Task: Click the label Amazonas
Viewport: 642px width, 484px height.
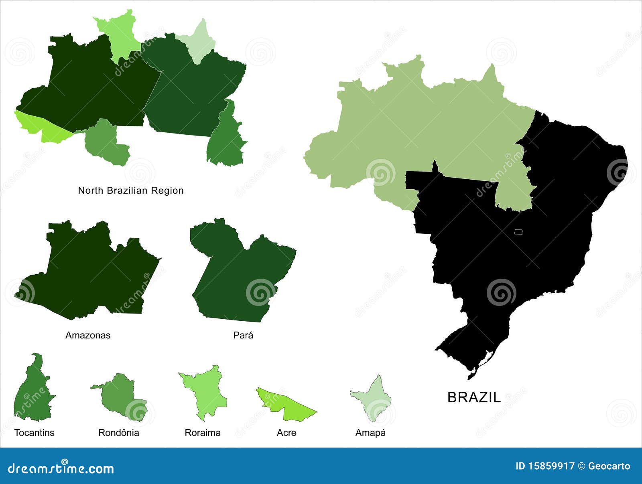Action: click(88, 335)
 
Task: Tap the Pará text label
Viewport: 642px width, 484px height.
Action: click(243, 335)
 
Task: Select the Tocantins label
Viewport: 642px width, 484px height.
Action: click(34, 433)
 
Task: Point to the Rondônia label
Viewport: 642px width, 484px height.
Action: click(119, 433)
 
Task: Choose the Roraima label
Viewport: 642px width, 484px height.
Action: click(203, 433)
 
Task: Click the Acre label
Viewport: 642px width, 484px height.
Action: click(286, 433)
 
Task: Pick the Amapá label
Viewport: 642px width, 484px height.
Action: click(370, 433)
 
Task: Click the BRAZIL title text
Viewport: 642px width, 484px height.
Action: click(474, 397)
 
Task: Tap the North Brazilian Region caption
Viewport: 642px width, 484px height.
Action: click(131, 190)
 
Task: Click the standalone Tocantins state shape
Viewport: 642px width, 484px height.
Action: click(32, 395)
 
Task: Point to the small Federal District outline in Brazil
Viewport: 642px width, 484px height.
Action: click(518, 232)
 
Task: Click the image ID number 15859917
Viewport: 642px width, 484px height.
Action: click(550, 466)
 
